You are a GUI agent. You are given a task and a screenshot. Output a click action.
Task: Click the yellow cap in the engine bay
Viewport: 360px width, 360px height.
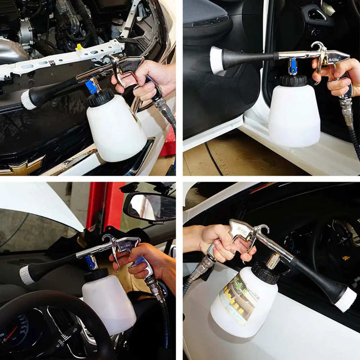coord(79,46)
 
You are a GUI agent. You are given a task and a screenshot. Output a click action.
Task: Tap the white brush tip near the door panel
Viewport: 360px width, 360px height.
coord(216,60)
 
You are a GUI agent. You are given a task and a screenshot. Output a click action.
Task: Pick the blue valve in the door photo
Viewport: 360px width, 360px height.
coord(293,67)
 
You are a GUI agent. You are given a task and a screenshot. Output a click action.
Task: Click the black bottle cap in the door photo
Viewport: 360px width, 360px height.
coord(294,81)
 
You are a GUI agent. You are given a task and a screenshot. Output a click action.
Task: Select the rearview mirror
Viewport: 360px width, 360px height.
coord(149,207)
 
